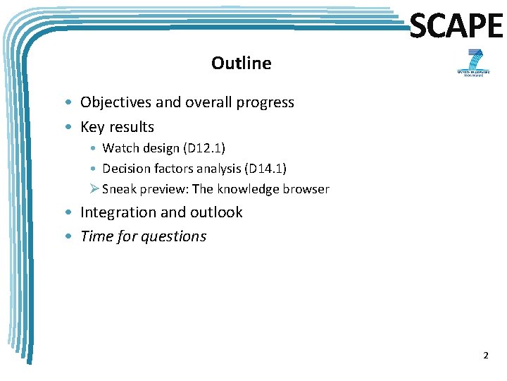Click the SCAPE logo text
[x=456, y=27]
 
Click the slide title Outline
[x=241, y=64]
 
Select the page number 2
[x=485, y=356]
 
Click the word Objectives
[x=115, y=102]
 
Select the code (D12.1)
[x=202, y=148]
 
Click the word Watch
[x=120, y=148]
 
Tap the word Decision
[x=127, y=169]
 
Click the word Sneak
[x=120, y=189]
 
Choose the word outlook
[x=217, y=212]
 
